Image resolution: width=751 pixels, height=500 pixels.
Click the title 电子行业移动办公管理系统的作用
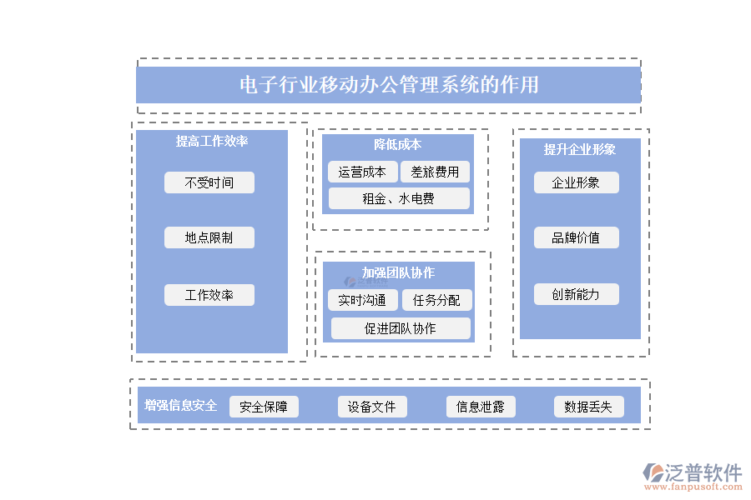(x=389, y=85)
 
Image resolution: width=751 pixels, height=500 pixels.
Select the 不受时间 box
(x=209, y=182)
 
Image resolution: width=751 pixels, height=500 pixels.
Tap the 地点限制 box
(x=209, y=237)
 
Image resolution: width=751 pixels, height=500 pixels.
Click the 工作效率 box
(x=209, y=295)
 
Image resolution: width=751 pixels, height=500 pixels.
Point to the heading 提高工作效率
(x=212, y=142)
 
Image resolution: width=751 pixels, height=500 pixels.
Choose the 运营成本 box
(x=362, y=172)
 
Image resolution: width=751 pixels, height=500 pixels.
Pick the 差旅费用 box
(x=435, y=172)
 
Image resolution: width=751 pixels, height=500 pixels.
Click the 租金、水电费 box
(x=399, y=198)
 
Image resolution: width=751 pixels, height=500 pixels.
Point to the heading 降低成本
(x=398, y=145)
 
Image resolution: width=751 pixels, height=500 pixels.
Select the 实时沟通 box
(x=362, y=300)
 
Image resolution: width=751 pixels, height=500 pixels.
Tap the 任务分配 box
(x=436, y=300)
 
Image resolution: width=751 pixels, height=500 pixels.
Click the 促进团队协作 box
(x=401, y=328)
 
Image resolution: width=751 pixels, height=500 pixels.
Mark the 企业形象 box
(x=576, y=182)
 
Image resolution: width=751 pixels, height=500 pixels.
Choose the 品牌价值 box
(x=576, y=237)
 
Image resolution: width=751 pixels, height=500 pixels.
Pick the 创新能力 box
(x=576, y=294)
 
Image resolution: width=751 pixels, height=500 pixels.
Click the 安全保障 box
(x=264, y=407)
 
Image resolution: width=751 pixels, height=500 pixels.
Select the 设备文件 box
(x=372, y=407)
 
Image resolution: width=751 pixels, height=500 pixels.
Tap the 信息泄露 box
(x=480, y=407)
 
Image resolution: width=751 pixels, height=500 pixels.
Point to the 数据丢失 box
(x=588, y=407)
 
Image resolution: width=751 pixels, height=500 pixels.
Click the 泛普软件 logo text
(x=703, y=472)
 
